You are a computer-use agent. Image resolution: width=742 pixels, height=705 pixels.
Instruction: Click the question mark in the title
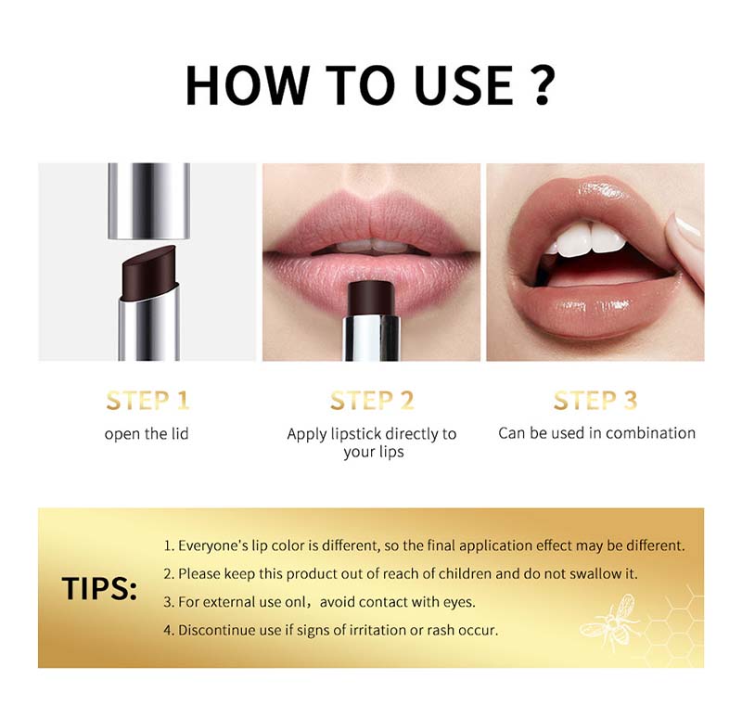[539, 84]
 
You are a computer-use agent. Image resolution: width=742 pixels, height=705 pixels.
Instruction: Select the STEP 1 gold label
[147, 401]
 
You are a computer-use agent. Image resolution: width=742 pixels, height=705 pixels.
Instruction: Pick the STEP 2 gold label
[372, 401]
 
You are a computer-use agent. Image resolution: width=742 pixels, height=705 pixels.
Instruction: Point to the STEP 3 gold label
[595, 401]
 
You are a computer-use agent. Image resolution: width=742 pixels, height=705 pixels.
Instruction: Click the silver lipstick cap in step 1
[148, 201]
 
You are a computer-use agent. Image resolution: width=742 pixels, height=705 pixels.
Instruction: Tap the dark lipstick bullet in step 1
[148, 273]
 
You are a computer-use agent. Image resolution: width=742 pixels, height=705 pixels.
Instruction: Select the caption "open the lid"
[147, 434]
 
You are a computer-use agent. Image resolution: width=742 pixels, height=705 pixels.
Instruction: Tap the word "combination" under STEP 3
[651, 433]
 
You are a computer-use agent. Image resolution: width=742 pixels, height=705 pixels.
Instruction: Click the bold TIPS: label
[99, 589]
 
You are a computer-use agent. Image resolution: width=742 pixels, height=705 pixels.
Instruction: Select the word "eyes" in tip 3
[458, 602]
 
